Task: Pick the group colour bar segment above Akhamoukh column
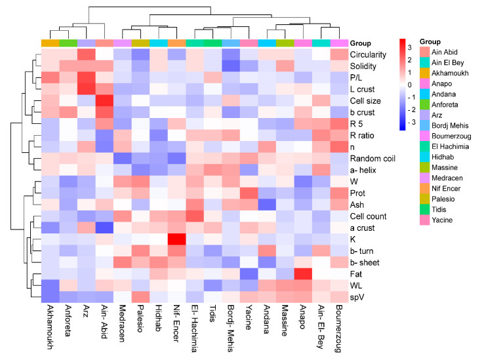[50, 43]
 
